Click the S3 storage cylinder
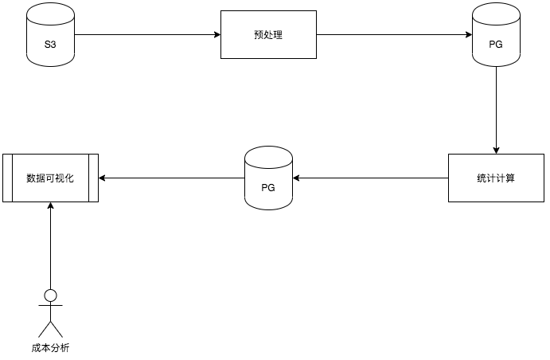(x=49, y=35)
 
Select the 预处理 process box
(x=268, y=35)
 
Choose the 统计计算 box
(x=497, y=178)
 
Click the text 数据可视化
(x=50, y=178)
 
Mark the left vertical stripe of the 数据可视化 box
(x=8, y=178)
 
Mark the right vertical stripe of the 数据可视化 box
(x=93, y=178)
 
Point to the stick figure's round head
(x=50, y=296)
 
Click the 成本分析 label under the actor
(x=50, y=348)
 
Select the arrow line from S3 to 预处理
(x=143, y=35)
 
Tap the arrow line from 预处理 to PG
(x=390, y=35)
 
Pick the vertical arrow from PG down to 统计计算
(x=496, y=108)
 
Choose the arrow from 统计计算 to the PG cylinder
(x=370, y=178)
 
